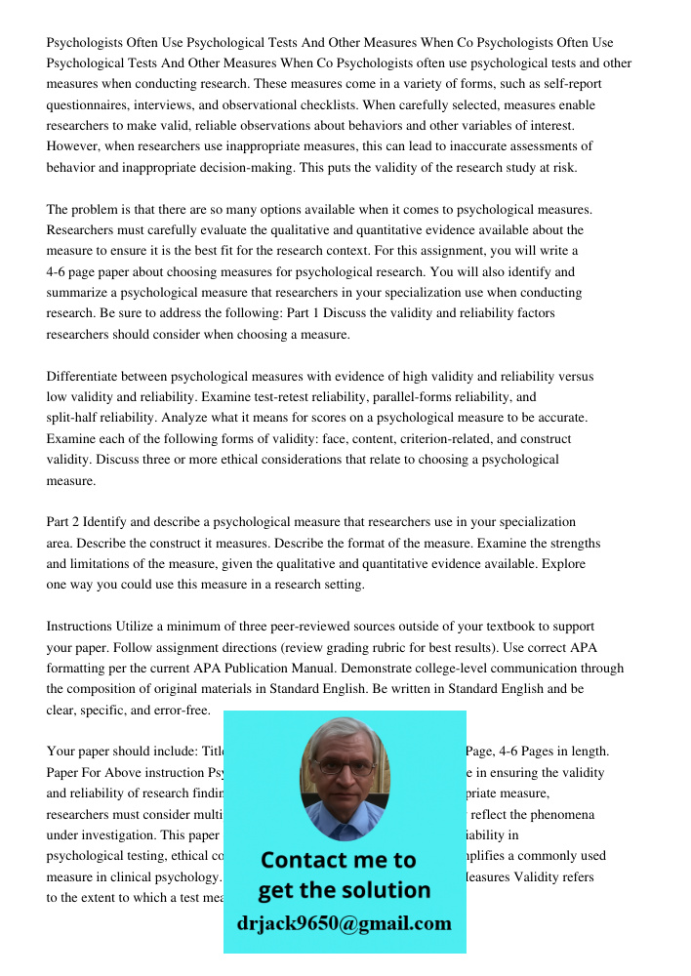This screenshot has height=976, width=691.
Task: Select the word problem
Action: pyautogui.click(x=97, y=210)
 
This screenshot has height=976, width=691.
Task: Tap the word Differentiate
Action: pyautogui.click(x=88, y=377)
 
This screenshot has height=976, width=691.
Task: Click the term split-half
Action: pyautogui.click(x=78, y=418)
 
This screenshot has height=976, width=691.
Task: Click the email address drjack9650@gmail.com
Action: pyautogui.click(x=345, y=923)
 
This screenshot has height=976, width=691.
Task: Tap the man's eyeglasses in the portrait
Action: pyautogui.click(x=344, y=768)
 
